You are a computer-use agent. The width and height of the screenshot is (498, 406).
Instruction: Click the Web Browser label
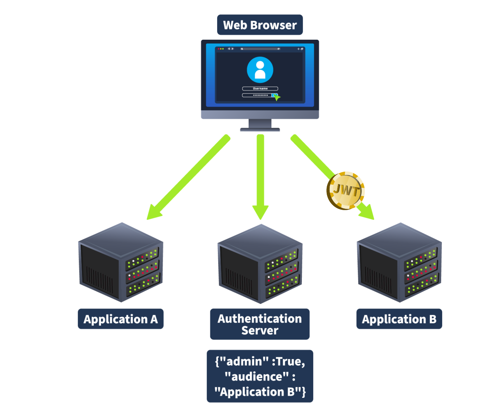tap(260, 25)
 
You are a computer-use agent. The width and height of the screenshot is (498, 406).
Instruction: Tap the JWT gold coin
tap(345, 191)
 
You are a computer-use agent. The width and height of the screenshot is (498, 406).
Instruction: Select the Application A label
tap(120, 319)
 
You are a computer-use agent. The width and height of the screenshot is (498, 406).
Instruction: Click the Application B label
tap(399, 319)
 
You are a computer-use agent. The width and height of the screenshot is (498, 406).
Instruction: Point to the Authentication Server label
tap(260, 324)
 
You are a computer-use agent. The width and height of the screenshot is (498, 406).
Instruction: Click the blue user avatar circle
tap(260, 70)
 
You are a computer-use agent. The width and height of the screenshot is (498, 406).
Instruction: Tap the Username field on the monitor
tap(260, 89)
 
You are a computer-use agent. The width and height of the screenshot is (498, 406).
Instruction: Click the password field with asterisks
tap(258, 96)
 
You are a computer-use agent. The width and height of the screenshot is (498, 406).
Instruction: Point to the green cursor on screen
tap(276, 97)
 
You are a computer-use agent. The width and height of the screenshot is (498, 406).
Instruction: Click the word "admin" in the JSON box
tap(244, 361)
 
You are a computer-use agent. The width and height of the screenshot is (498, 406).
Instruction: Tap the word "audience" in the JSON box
tap(257, 376)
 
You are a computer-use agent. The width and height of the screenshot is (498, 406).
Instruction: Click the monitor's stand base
tap(260, 130)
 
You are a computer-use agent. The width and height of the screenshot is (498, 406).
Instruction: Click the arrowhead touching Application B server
tap(367, 212)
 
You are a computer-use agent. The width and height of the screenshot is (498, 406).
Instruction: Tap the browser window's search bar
tap(260, 49)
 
